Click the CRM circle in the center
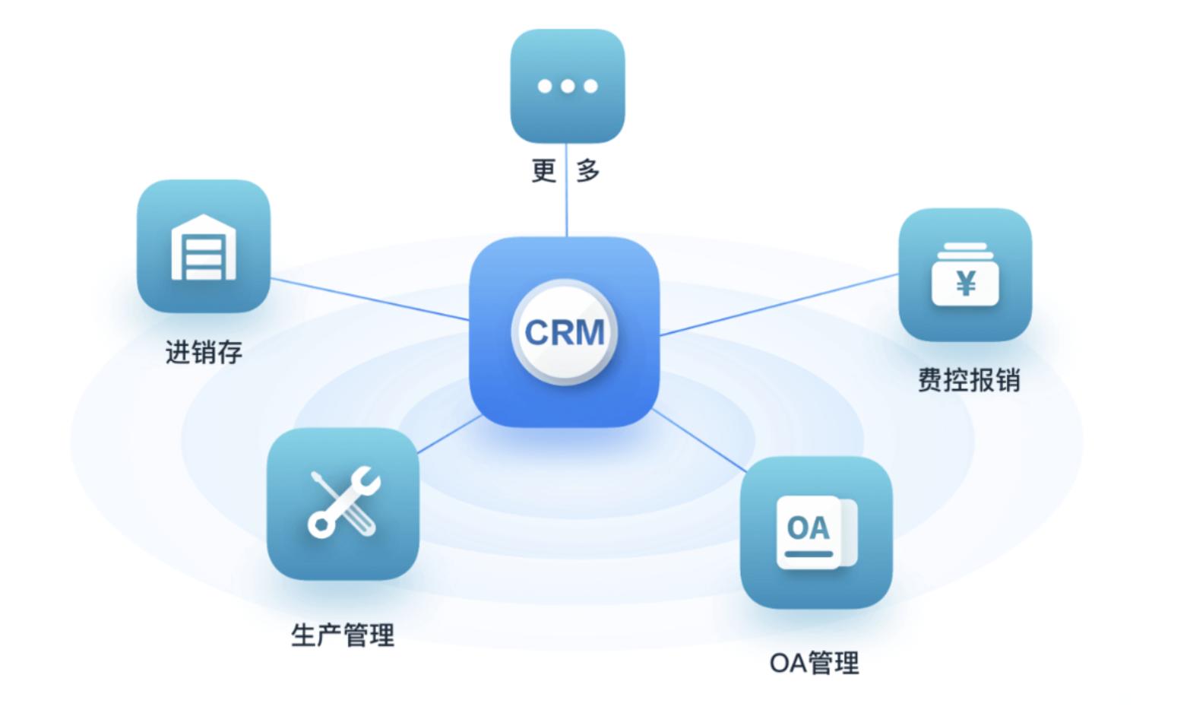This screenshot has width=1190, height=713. [x=565, y=332]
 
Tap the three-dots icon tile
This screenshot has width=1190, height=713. [x=568, y=86]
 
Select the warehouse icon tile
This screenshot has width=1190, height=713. [x=204, y=246]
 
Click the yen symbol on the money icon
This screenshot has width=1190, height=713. [x=966, y=284]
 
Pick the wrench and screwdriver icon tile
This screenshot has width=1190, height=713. [x=343, y=503]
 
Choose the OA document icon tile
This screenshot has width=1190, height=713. [x=816, y=532]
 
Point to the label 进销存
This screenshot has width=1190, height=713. [x=204, y=353]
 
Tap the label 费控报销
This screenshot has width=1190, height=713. [x=969, y=380]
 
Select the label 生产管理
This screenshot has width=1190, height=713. [x=343, y=635]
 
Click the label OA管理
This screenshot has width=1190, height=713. [x=815, y=663]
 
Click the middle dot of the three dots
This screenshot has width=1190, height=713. [x=568, y=86]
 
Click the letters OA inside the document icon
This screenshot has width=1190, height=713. [x=808, y=528]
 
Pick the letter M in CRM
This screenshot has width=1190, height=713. [x=589, y=333]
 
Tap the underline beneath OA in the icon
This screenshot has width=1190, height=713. [x=809, y=554]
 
